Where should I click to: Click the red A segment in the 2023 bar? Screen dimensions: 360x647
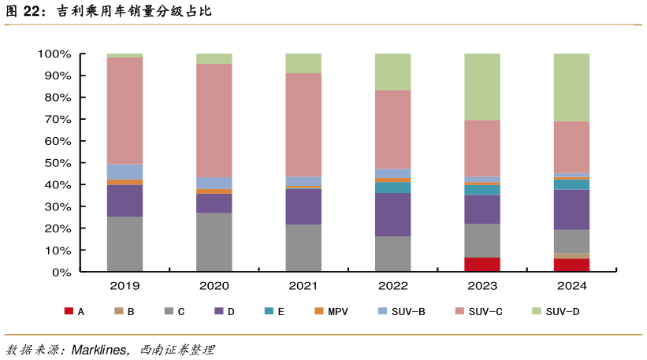pos(482,264)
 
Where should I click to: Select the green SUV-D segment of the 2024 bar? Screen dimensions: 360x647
pos(571,87)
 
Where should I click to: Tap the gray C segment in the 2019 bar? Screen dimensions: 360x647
pos(125,243)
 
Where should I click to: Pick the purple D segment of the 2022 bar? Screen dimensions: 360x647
pos(392,214)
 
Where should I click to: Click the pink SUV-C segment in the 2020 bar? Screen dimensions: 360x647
pos(214,121)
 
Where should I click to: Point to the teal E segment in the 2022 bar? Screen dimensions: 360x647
pos(392,187)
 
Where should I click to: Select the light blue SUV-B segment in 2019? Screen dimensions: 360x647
pos(125,172)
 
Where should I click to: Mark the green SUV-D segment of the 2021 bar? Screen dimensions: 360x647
pos(303,63)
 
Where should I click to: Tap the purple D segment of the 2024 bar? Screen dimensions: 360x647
pos(571,209)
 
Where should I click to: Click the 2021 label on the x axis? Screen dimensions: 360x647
pos(303,284)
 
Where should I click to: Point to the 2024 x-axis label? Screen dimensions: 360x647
pos(571,284)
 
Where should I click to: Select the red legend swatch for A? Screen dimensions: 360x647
pos(69,312)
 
